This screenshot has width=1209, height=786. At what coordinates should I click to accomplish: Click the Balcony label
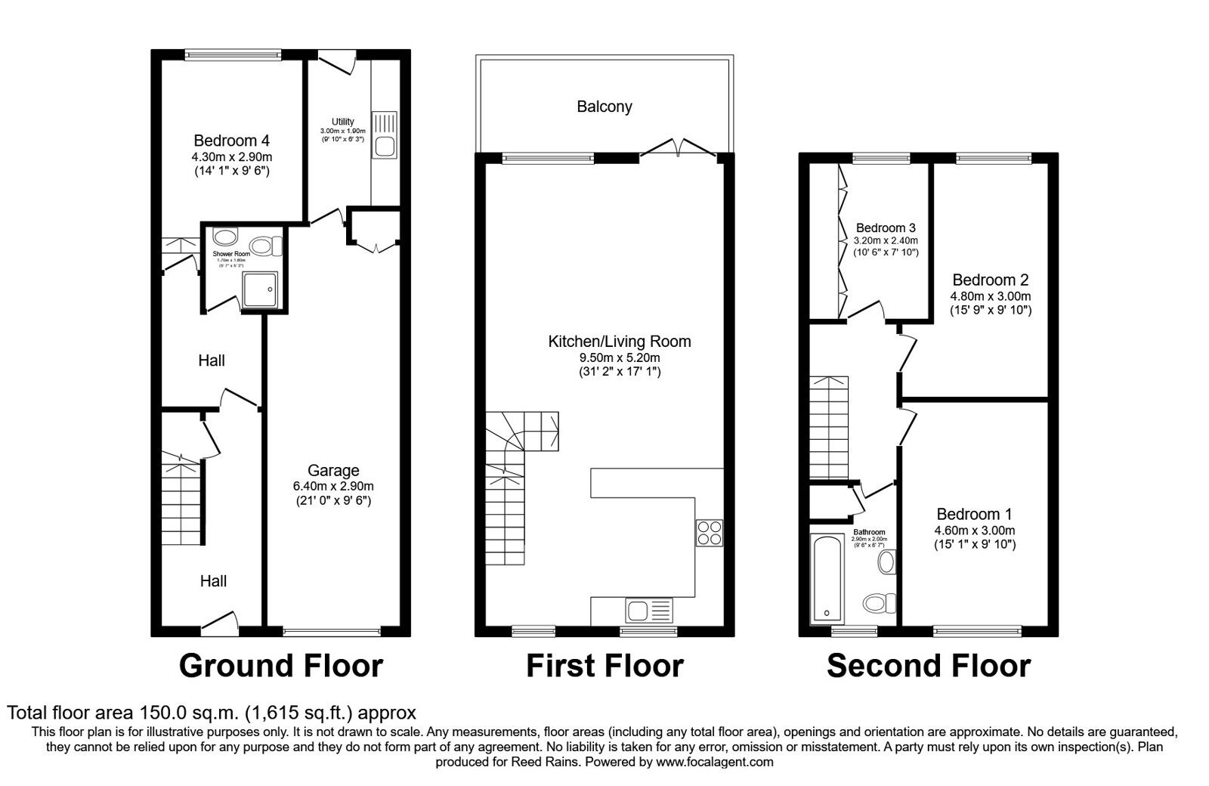[x=604, y=107]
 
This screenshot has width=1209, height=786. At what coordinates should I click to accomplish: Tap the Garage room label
[x=333, y=470]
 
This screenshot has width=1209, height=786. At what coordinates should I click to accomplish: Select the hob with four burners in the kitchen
[x=710, y=533]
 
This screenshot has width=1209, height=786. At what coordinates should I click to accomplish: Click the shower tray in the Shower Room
[x=260, y=290]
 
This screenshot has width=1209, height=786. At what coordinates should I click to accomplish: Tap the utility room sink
[x=385, y=135]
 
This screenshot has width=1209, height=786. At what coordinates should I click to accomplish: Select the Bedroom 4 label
[x=231, y=141]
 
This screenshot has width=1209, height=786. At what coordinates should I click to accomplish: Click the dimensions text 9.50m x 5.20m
[x=620, y=357]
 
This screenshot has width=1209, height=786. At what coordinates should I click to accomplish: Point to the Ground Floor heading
[x=281, y=666]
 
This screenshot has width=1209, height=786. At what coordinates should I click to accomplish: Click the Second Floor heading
[x=928, y=666]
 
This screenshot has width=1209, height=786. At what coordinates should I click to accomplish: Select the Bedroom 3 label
[x=886, y=227]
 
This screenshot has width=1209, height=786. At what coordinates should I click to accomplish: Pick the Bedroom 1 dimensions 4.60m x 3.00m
[x=975, y=531]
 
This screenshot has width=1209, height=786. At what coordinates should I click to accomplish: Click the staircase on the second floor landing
[x=830, y=427]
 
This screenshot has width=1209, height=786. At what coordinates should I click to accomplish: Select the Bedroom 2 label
[x=990, y=280]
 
